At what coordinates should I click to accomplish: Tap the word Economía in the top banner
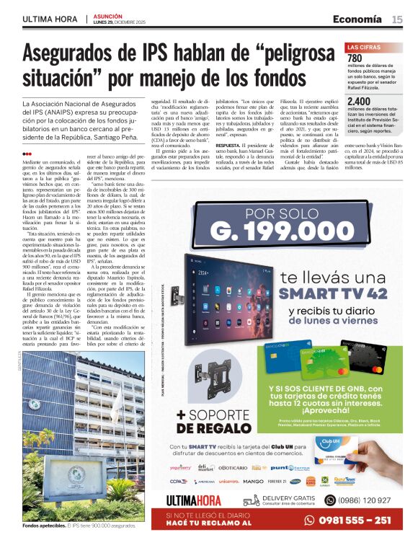357,19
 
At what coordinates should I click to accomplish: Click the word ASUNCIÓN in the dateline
108,14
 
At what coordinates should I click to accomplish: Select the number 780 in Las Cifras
355,58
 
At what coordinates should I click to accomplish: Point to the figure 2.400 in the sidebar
360,101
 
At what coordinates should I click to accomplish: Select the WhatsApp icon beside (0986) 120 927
330,500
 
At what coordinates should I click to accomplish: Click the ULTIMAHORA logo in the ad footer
194,500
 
